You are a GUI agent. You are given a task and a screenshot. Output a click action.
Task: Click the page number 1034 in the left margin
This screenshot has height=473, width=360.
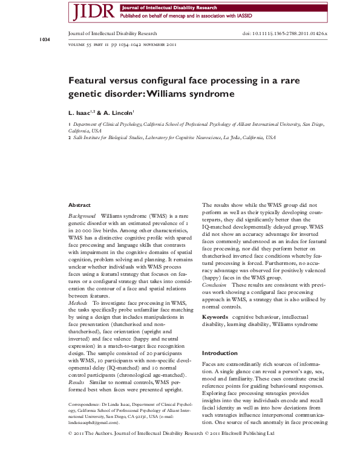pyautogui.click(x=45, y=39)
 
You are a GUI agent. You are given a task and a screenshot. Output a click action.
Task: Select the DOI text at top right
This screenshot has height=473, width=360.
pyautogui.click(x=285, y=34)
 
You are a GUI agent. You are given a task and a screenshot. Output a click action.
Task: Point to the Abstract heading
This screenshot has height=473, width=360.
pyautogui.click(x=79, y=206)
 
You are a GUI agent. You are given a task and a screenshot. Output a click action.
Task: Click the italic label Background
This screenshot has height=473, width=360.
pyautogui.click(x=82, y=215)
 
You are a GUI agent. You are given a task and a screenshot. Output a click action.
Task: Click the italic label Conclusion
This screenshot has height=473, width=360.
pyautogui.click(x=215, y=284)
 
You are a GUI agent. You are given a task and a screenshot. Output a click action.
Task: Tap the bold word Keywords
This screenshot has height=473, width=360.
pyautogui.click(x=215, y=316)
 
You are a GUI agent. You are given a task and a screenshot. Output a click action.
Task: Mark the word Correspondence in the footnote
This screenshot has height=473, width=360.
pyautogui.click(x=87, y=403)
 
